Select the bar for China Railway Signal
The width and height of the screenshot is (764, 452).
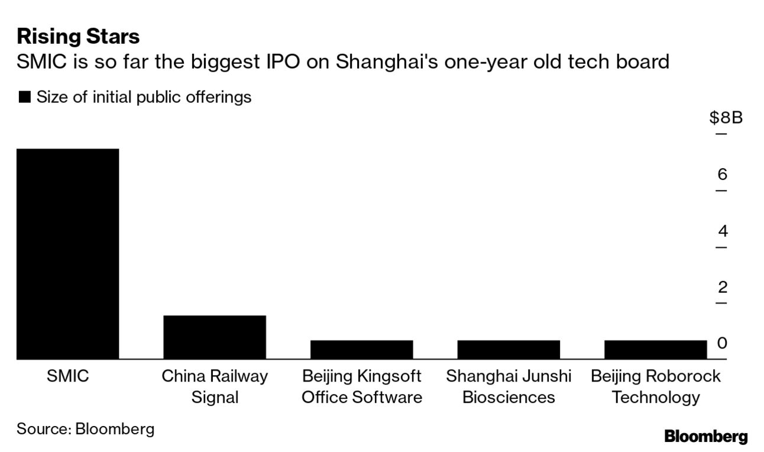(215, 337)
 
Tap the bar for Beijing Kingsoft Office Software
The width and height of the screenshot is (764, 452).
(361, 349)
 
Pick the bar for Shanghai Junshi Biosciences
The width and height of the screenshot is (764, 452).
(509, 349)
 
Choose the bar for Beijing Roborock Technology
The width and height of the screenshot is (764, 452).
(655, 349)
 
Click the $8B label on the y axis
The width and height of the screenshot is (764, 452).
(726, 118)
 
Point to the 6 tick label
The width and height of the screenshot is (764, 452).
(722, 175)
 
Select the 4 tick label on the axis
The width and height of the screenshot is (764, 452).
(722, 231)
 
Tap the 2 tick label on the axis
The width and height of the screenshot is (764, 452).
(722, 287)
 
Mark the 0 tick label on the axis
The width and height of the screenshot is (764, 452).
(722, 343)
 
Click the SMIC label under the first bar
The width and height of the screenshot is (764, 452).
(67, 376)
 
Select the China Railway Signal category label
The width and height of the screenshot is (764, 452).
(215, 386)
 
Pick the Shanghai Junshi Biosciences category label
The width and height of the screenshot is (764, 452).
(509, 386)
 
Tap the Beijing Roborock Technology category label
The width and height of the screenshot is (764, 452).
(655, 386)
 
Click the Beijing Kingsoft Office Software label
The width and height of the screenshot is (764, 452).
(361, 386)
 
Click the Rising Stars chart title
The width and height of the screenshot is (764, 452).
(78, 37)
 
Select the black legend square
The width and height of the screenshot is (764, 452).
(24, 98)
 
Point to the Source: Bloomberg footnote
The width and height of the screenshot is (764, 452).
(85, 429)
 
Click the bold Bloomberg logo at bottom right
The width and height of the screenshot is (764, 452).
(705, 437)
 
